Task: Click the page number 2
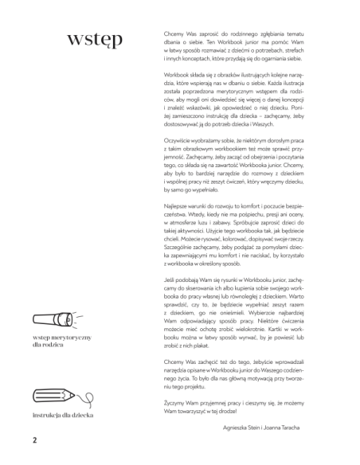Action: (35, 439)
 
